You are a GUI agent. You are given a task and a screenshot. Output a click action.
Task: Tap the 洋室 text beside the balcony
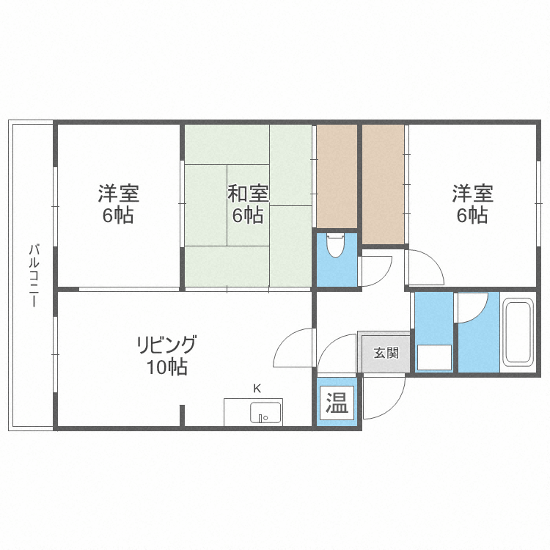point(119,194)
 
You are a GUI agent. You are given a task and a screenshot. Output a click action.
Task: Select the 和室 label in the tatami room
point(248,194)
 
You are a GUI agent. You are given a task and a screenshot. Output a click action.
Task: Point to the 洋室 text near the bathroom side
point(472,194)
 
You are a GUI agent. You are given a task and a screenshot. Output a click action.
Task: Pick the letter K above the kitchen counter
point(257,389)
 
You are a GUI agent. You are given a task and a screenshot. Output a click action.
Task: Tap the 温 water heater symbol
point(337,403)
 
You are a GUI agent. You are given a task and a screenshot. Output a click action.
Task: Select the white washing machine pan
point(435,358)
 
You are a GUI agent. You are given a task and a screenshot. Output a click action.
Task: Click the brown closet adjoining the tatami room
point(337,176)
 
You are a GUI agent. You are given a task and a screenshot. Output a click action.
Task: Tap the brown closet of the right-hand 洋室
point(383,183)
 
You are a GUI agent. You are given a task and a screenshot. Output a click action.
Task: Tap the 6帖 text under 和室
point(248,216)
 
